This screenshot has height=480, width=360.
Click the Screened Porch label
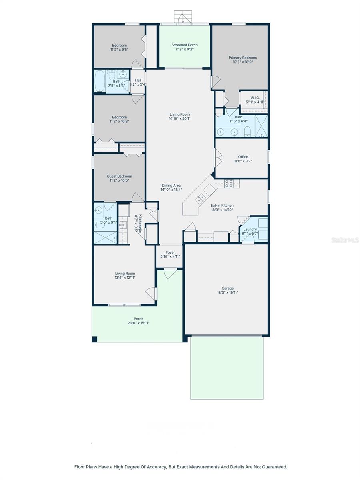tap(184, 45)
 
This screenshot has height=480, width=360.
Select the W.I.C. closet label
tap(255, 98)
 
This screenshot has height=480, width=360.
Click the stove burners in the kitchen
tap(229, 184)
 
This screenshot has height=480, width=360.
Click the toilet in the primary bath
tap(247, 132)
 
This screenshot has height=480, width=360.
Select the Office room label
tap(243, 157)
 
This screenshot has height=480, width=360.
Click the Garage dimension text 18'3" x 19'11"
tap(228, 292)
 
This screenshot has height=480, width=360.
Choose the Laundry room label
tap(250, 230)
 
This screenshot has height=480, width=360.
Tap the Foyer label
tap(170, 252)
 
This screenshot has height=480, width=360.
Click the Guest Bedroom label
tap(119, 176)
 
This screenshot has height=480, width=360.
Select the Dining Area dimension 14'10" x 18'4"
tap(171, 190)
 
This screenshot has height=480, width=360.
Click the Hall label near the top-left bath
tap(138, 80)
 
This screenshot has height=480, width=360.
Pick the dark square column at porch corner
tap(95, 340)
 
